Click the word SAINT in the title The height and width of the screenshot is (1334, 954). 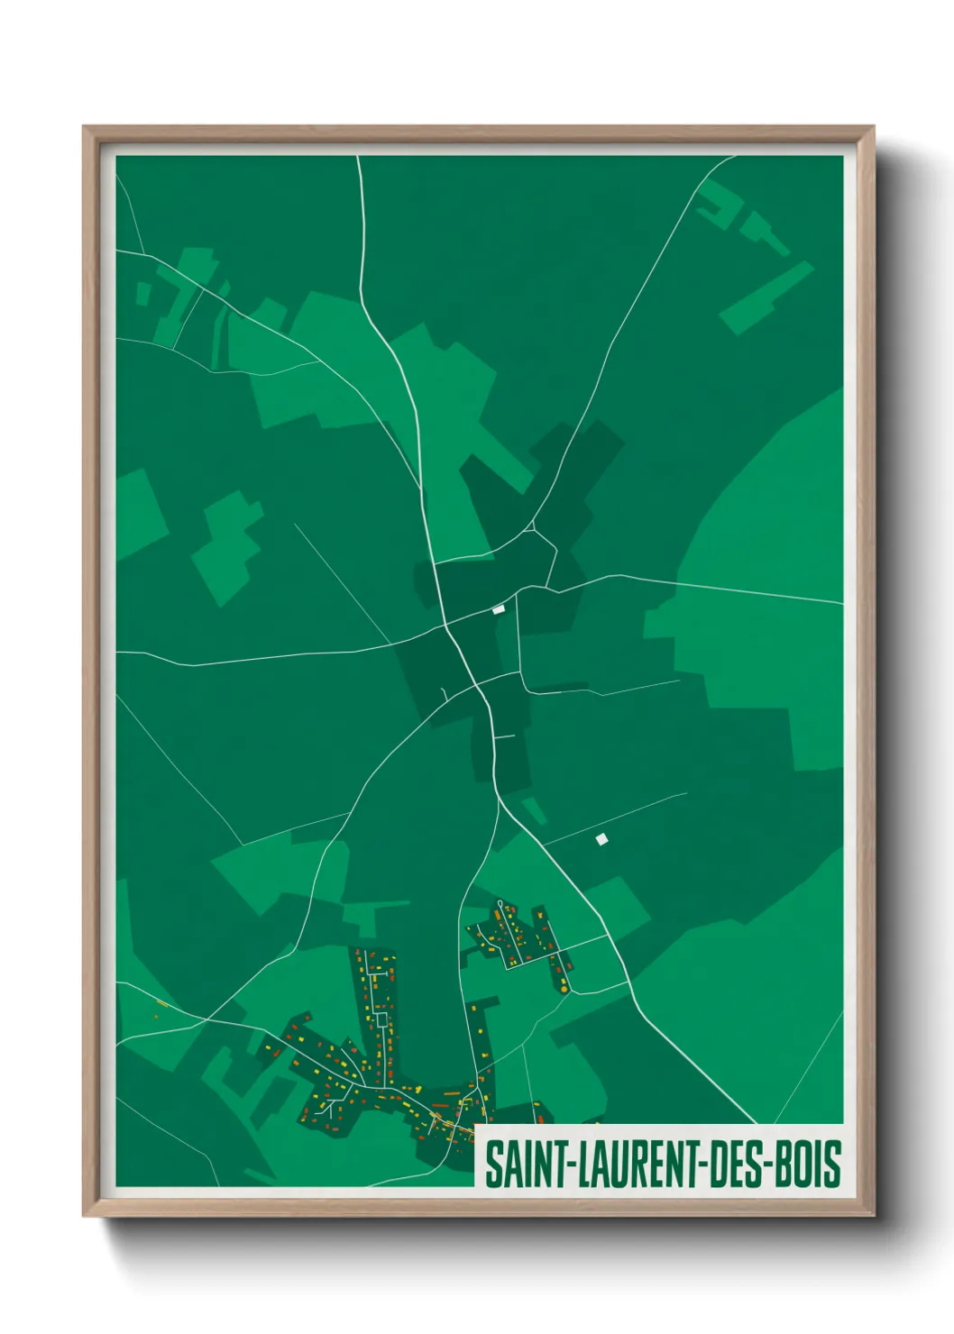click(522, 1164)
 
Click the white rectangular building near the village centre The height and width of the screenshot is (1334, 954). click(498, 610)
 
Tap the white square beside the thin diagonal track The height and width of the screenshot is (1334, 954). click(601, 839)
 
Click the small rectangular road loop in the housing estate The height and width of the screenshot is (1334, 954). click(381, 1019)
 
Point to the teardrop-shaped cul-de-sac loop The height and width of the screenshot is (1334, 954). click(500, 905)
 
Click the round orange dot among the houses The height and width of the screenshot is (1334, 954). click(564, 990)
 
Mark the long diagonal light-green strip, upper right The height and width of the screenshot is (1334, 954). click(766, 297)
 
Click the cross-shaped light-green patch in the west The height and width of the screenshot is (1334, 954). click(227, 546)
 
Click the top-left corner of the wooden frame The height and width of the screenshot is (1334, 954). click(84, 127)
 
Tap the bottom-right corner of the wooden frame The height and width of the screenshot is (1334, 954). click(873, 1215)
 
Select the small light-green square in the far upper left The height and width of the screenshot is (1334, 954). click(142, 293)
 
